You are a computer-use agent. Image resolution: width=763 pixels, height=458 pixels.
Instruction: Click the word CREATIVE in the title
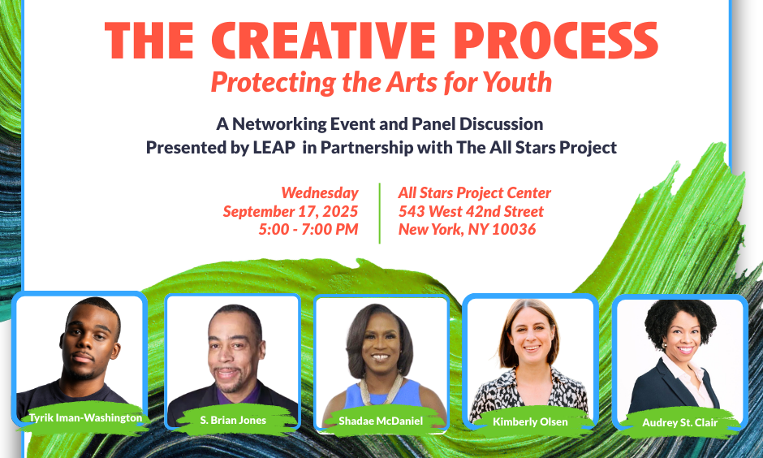pyautogui.click(x=323, y=41)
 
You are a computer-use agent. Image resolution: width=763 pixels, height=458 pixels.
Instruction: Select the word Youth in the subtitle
pyautogui.click(x=518, y=82)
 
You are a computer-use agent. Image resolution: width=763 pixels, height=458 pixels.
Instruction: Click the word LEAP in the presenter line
pyautogui.click(x=274, y=147)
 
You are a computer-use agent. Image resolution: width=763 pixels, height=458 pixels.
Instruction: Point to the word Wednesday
pyautogui.click(x=320, y=192)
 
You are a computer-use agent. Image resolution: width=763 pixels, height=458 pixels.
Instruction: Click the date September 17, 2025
pyautogui.click(x=291, y=211)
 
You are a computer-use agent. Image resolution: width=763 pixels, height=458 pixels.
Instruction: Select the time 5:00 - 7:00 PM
pyautogui.click(x=308, y=229)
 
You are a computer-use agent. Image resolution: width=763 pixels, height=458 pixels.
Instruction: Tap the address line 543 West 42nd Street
pyautogui.click(x=471, y=211)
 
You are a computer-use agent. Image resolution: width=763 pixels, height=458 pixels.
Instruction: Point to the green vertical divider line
pyautogui.click(x=380, y=214)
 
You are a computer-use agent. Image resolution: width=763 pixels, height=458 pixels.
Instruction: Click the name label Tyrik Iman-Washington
pyautogui.click(x=86, y=417)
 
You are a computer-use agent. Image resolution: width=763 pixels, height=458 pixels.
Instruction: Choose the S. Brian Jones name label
pyautogui.click(x=233, y=420)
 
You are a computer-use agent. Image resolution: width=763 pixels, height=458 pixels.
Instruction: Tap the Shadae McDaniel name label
pyautogui.click(x=381, y=421)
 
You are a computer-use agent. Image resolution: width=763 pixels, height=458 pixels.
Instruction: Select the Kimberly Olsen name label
pyautogui.click(x=530, y=421)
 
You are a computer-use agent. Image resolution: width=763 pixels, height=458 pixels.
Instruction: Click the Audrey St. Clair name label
pyautogui.click(x=679, y=422)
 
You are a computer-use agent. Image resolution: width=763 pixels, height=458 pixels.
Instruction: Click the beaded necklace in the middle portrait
pyautogui.click(x=381, y=389)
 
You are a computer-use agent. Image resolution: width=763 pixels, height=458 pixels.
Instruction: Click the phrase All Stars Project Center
pyautogui.click(x=475, y=192)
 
